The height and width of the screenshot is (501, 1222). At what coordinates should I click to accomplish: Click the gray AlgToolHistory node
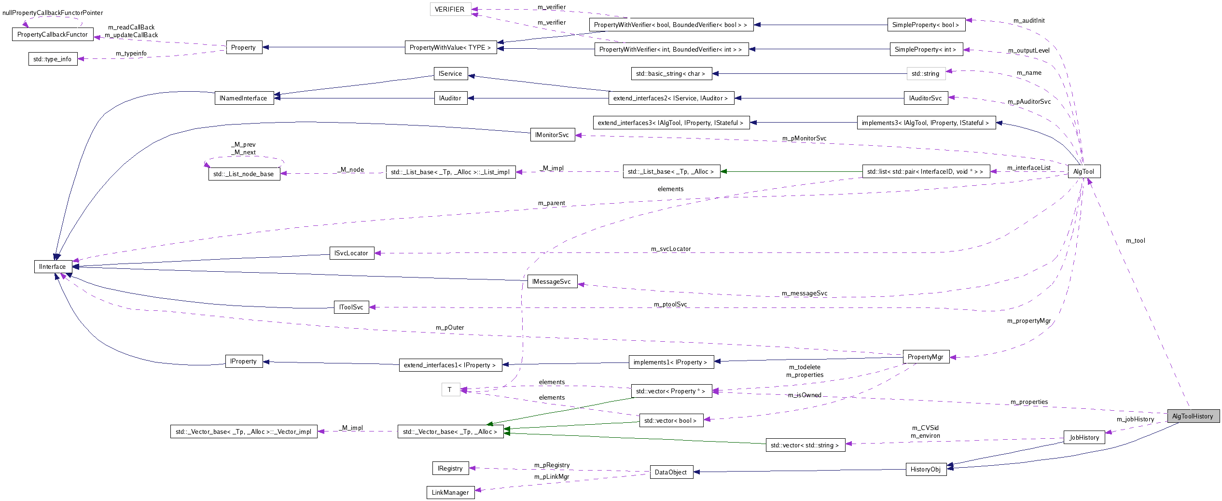(1193, 416)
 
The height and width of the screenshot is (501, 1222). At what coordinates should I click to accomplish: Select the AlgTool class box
(1083, 171)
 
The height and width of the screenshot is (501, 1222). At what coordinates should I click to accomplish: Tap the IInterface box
(53, 266)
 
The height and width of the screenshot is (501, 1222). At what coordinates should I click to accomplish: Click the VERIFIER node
(450, 9)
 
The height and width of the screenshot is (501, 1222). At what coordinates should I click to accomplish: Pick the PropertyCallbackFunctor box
(53, 34)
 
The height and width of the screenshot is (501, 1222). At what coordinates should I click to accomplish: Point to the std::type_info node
(53, 59)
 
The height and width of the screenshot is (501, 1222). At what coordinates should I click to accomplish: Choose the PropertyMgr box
(925, 357)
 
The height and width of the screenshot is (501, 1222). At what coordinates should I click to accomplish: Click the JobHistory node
(1084, 437)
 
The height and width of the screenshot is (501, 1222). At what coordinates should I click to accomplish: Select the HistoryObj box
(925, 469)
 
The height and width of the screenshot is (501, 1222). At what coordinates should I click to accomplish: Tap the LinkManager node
(450, 492)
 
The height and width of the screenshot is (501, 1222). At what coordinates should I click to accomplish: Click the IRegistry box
(450, 468)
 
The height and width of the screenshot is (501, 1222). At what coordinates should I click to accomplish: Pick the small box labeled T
(450, 390)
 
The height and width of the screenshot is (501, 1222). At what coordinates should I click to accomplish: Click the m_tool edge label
(1135, 240)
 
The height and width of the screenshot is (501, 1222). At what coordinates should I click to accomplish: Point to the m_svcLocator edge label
(671, 249)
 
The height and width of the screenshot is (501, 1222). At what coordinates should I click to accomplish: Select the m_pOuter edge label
(450, 327)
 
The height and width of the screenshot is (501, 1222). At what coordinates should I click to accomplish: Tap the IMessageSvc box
(552, 281)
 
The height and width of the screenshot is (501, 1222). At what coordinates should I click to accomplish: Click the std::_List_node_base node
(244, 174)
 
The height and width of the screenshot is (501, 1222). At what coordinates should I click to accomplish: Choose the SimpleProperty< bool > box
(926, 25)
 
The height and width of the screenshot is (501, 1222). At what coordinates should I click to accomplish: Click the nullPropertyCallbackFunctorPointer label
(53, 13)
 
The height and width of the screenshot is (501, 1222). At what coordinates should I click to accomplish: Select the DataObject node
(670, 472)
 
